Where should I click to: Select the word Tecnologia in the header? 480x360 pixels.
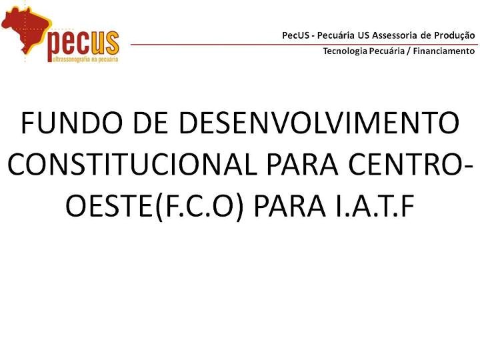point(345,51)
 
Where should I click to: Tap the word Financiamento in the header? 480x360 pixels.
point(444,51)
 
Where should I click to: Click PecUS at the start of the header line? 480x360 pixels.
point(294,35)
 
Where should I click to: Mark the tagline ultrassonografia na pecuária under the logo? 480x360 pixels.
point(83,59)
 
